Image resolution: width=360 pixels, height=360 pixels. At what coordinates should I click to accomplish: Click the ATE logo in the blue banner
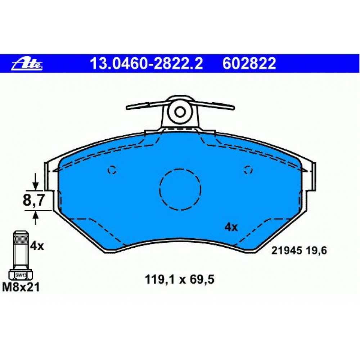point(27,63)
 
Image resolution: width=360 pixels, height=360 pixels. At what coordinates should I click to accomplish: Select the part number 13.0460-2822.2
point(147,64)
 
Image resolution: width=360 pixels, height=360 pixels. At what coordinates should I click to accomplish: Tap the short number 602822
point(249,64)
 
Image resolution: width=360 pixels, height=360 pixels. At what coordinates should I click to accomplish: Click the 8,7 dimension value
point(33,200)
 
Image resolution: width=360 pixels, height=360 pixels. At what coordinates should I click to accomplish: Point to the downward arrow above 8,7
point(35,181)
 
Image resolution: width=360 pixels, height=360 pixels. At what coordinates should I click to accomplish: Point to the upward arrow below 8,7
point(35,218)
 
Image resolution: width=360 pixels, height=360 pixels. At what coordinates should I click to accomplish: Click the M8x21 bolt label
point(21,287)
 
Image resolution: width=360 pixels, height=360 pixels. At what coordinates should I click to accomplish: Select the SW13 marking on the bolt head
point(21,275)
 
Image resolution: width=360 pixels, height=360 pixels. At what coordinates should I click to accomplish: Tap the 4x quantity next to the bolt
point(37,246)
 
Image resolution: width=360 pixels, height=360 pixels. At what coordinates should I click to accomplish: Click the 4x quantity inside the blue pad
point(231,227)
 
